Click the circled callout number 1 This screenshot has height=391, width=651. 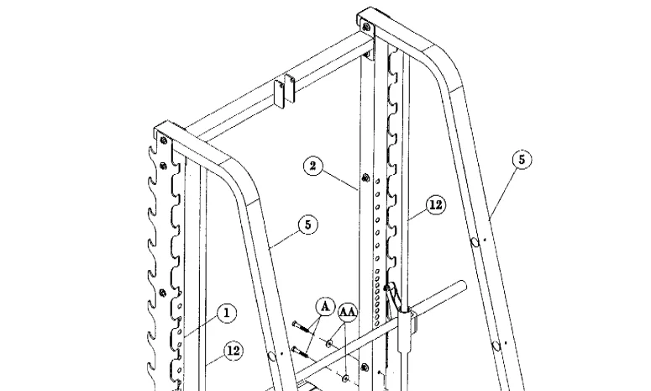click(224, 313)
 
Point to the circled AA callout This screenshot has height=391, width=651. click(348, 312)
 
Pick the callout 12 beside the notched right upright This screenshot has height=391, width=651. click(433, 203)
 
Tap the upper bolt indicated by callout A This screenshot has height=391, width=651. click(297, 324)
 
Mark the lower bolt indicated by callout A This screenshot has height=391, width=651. click(297, 351)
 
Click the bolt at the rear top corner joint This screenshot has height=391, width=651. click(368, 26)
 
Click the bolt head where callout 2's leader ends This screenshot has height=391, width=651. click(363, 177)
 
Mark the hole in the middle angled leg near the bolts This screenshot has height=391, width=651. click(272, 357)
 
